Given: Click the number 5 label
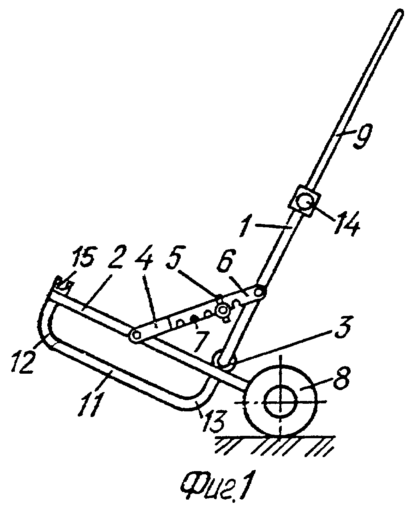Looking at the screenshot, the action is tap(176, 258).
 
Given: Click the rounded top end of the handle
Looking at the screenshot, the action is tap(399, 14).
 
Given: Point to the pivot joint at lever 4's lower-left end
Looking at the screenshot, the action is tap(136, 335).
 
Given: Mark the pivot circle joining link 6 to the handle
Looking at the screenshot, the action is tap(259, 292).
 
